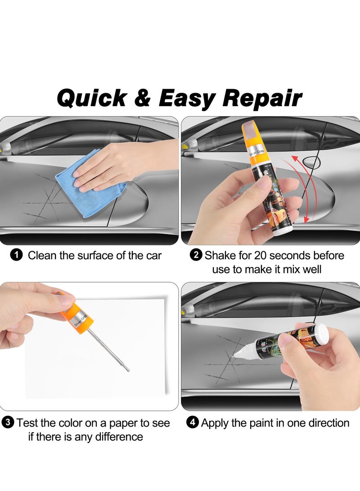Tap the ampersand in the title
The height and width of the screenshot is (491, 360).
(x=142, y=98)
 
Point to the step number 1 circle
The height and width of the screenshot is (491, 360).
(x=16, y=256)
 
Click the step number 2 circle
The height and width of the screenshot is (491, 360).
(x=196, y=256)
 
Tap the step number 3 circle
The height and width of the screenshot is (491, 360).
(x=8, y=423)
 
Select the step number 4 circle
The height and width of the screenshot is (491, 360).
(x=193, y=423)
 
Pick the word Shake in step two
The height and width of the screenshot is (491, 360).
(x=219, y=256)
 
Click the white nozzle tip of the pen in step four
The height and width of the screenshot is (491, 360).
(x=235, y=355)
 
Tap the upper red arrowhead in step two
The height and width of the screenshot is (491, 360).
(x=295, y=158)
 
